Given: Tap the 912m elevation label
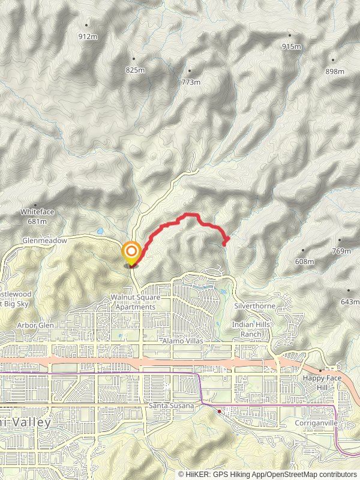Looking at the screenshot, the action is coord(88,37).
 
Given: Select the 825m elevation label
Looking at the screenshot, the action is coord(136,70).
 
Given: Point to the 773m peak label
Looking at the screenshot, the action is coord(190,82).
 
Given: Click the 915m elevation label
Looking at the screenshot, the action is coord(291,47).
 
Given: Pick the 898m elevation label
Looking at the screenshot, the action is coord(335,71).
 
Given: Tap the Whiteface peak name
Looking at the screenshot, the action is coord(33,212).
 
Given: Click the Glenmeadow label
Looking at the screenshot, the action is coord(46,239).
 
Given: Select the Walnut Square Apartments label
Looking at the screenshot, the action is coord(133,302).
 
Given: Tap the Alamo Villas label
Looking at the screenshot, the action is coord(183,340).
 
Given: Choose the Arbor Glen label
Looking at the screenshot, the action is coord(36,325).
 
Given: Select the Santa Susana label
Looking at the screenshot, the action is coord(171,406).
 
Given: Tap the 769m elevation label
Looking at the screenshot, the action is coord(341,251).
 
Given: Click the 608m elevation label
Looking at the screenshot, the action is coord(305,262).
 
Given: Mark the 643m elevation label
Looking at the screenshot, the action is coord(349,301).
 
